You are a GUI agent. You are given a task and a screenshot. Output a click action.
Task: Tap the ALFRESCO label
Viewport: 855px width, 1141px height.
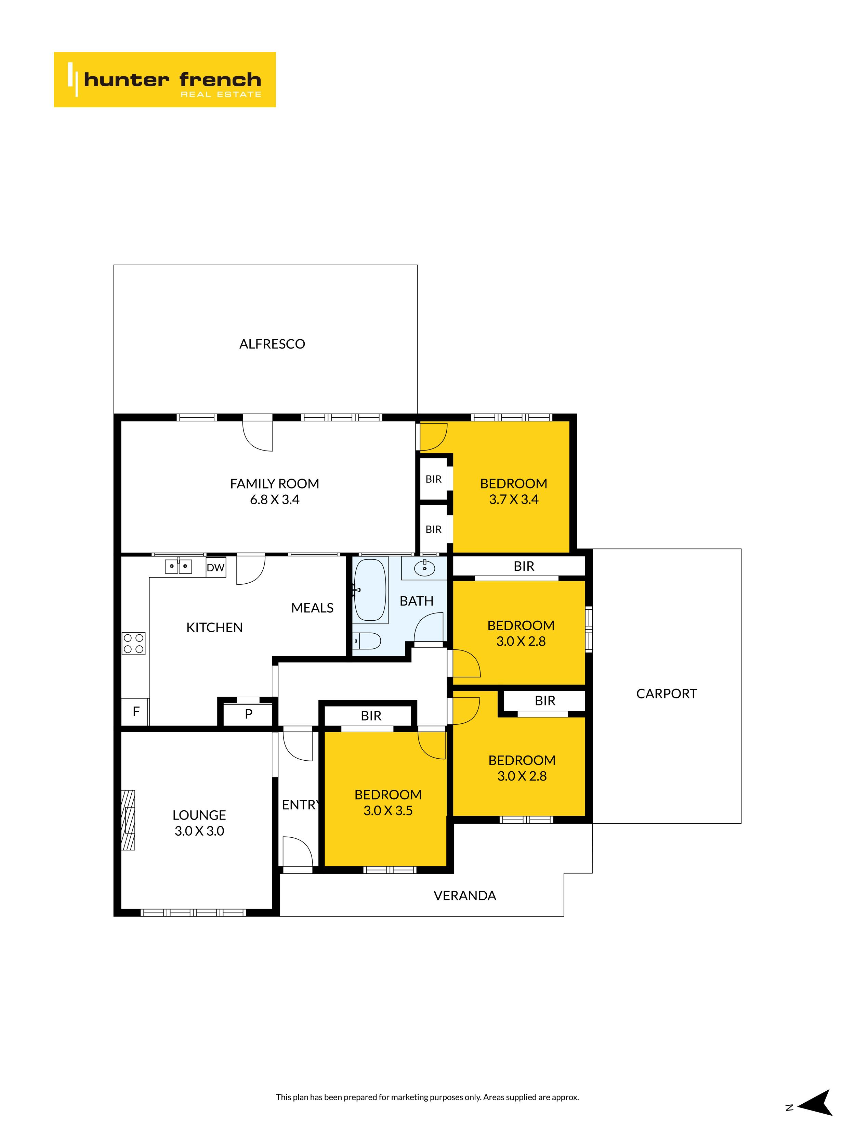click(272, 344)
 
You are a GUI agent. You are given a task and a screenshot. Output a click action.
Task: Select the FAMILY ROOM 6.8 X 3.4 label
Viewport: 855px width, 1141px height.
click(275, 492)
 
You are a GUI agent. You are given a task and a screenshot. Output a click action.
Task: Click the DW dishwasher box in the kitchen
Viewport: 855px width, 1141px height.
click(215, 567)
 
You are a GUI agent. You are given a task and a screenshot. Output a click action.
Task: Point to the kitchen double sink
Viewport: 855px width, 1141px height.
click(178, 566)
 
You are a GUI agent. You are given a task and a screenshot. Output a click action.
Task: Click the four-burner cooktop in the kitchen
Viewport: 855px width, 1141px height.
click(133, 643)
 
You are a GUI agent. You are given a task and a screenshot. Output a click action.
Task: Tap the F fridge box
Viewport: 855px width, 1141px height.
click(135, 712)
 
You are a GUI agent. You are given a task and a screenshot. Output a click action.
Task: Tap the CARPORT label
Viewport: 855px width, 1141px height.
click(666, 694)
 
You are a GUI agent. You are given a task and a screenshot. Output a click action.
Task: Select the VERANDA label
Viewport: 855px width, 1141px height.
click(465, 896)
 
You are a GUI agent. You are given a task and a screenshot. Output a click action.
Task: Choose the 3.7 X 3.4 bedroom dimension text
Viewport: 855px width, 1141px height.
click(514, 499)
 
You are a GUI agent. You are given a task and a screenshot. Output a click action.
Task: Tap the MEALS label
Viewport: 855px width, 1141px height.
click(312, 608)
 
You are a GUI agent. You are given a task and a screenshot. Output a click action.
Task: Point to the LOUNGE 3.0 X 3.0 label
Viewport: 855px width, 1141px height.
click(199, 823)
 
